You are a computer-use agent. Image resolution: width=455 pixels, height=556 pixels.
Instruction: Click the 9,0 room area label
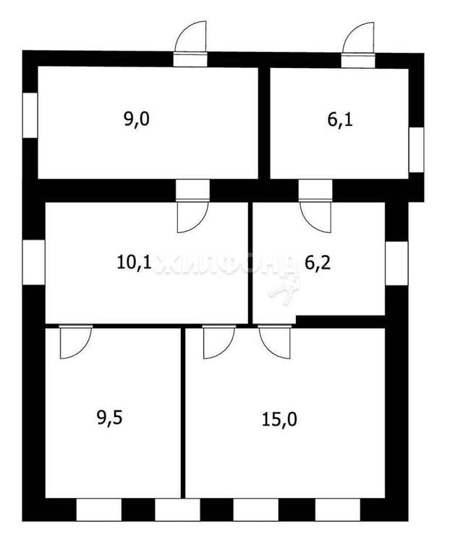tap(137, 119)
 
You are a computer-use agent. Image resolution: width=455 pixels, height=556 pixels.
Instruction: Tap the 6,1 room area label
tap(340, 120)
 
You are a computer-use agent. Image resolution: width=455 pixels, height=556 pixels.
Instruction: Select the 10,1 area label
tap(135, 263)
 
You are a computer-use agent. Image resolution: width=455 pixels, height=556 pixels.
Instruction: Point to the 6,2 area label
tap(318, 263)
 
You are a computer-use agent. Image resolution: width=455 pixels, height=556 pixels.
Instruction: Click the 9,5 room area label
tap(109, 418)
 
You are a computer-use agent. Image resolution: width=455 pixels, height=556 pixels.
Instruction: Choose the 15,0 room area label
tap(279, 419)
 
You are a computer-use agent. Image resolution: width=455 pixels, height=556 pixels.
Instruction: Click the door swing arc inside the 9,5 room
tap(76, 342)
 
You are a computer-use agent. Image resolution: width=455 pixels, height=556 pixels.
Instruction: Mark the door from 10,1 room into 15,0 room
tap(219, 342)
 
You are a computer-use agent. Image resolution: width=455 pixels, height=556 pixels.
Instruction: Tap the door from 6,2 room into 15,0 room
tap(275, 342)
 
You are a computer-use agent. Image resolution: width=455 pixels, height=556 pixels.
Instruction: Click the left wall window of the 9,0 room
tap(30, 115)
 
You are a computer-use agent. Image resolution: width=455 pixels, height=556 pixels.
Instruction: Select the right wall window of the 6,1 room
tap(417, 150)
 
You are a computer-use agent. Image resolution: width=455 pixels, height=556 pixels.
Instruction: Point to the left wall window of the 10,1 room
tap(34, 262)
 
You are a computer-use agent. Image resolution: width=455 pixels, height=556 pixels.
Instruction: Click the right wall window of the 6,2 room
tap(397, 263)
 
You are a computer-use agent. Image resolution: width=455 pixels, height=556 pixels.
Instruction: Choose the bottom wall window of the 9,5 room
tap(99, 510)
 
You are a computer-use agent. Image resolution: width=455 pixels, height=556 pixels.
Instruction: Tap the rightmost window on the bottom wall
tap(338, 510)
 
